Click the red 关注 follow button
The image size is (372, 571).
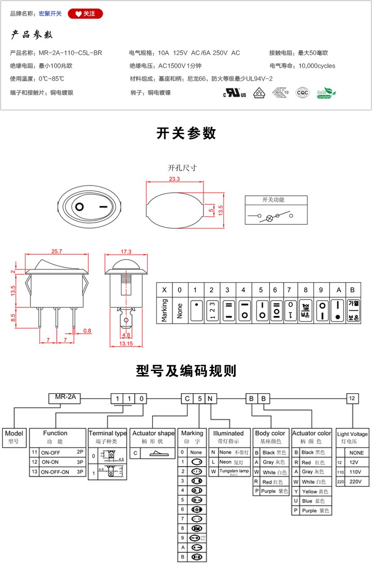click(x=85, y=14)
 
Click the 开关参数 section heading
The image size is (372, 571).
click(x=186, y=133)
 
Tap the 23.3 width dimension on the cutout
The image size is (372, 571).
click(x=174, y=179)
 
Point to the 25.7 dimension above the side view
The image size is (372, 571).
click(x=57, y=251)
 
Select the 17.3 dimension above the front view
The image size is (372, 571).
click(x=126, y=252)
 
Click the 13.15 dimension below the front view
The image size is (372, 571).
click(x=126, y=343)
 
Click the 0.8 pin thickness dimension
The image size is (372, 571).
click(x=87, y=330)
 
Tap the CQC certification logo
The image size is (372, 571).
click(x=302, y=92)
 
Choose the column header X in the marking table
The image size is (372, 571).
click(x=164, y=289)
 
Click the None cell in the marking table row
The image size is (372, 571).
click(x=180, y=310)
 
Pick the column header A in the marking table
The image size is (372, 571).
click(x=338, y=289)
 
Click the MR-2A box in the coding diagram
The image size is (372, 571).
click(x=65, y=398)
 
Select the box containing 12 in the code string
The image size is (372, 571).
click(x=352, y=398)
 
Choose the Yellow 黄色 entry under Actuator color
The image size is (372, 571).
click(x=312, y=491)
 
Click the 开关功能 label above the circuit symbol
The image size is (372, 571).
click(x=273, y=200)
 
